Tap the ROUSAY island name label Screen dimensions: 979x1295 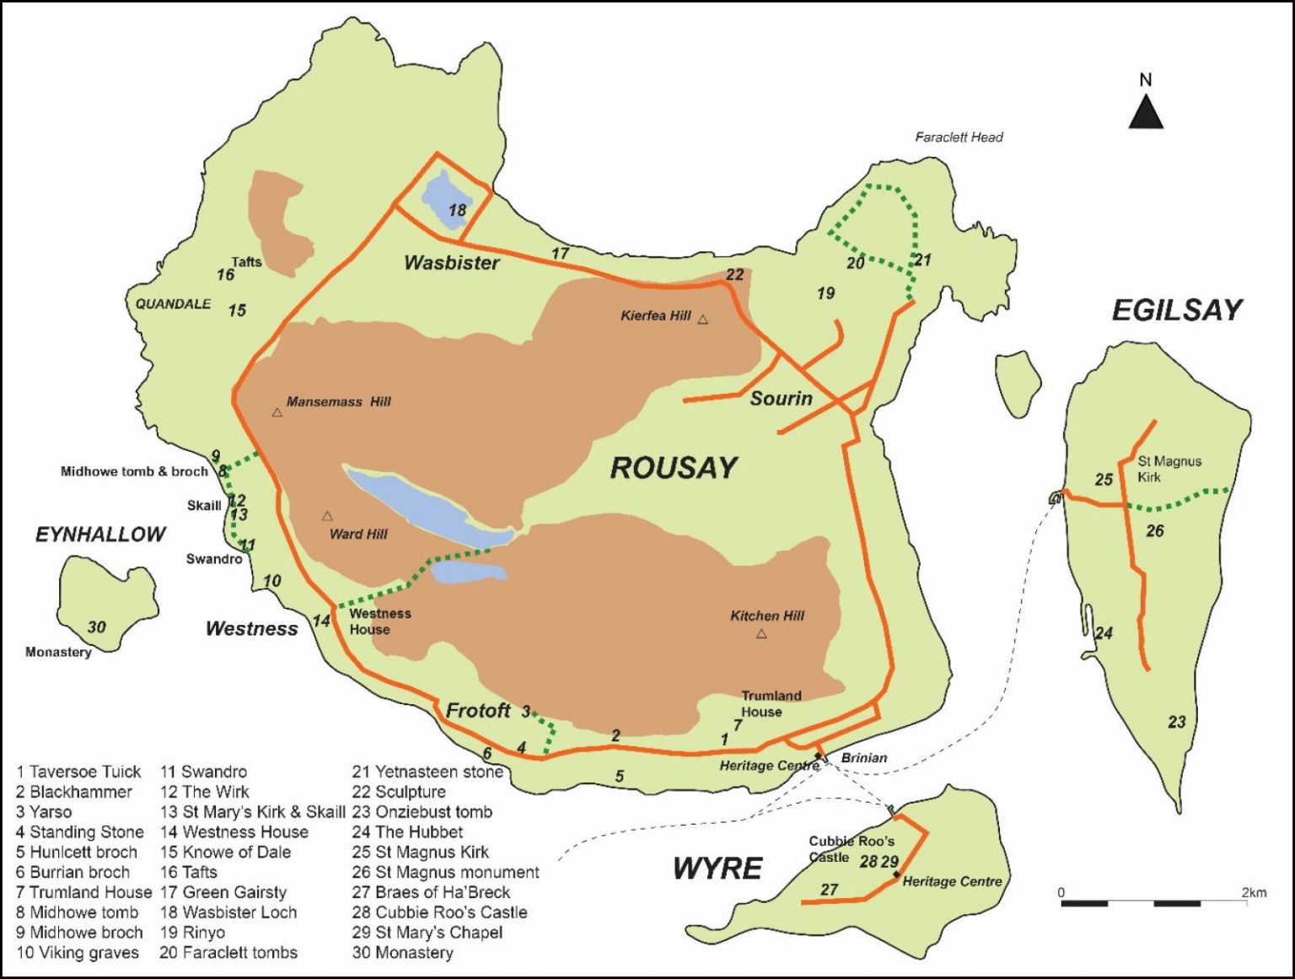click(x=674, y=468)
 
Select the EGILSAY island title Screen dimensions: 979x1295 click(x=1177, y=310)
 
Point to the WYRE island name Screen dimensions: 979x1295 click(x=717, y=869)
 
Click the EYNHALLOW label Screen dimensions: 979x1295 click(x=100, y=535)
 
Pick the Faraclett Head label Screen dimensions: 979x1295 click(x=959, y=137)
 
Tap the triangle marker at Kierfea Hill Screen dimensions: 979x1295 click(x=703, y=320)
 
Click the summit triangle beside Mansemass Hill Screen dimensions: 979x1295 click(x=277, y=412)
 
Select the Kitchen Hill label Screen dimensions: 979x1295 click(x=767, y=616)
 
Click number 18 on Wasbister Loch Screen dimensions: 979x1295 click(x=457, y=210)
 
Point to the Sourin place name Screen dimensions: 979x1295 click(x=782, y=399)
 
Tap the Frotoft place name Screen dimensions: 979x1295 click(x=478, y=711)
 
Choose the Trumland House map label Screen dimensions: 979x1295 click(x=771, y=703)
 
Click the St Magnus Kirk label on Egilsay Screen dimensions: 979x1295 click(x=1169, y=469)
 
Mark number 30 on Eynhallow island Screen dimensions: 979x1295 click(x=97, y=627)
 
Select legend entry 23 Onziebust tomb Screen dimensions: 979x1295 click(x=422, y=812)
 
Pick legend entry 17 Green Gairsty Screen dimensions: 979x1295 click(x=223, y=892)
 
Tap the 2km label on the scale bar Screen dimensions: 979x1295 click(x=1253, y=893)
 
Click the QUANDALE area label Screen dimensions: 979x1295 click(x=173, y=304)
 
